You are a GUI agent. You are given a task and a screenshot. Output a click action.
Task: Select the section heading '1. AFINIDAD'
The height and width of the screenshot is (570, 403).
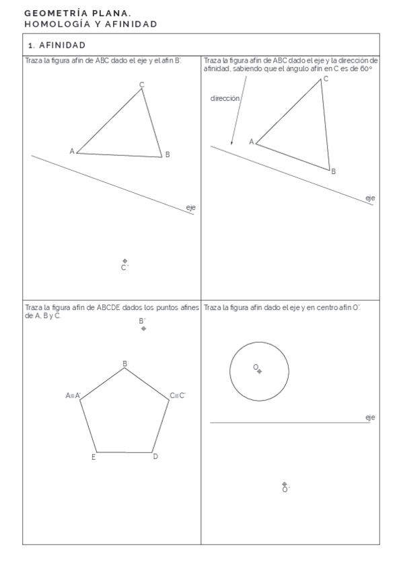pyautogui.click(x=57, y=45)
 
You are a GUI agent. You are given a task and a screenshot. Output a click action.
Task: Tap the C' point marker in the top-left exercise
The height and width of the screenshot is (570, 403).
pyautogui.click(x=124, y=261)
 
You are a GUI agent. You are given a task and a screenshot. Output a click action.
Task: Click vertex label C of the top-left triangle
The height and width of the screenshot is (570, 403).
pyautogui.click(x=141, y=84)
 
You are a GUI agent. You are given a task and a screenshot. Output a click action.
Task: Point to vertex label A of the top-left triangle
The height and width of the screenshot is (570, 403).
pyautogui.click(x=72, y=151)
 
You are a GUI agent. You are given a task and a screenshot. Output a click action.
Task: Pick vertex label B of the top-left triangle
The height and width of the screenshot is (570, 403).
pyautogui.click(x=168, y=155)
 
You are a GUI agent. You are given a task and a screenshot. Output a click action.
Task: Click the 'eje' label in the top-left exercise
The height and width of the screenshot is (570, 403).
pyautogui.click(x=190, y=208)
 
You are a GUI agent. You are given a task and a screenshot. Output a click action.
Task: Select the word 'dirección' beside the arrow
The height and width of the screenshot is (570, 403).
pyautogui.click(x=225, y=98)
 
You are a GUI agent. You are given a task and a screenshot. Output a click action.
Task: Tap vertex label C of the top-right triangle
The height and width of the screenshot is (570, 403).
pyautogui.click(x=326, y=79)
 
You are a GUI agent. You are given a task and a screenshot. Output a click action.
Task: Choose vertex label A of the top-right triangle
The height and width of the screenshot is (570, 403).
pyautogui.click(x=251, y=141)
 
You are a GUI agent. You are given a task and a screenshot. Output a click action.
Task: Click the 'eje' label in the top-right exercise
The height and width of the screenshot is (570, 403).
pyautogui.click(x=370, y=198)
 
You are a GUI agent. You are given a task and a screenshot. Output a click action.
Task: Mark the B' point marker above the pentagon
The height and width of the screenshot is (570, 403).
pyautogui.click(x=143, y=329)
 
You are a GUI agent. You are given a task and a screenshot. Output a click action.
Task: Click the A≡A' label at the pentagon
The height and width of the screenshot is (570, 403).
pyautogui.click(x=73, y=395)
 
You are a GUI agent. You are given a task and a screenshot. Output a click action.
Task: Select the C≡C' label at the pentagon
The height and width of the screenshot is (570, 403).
pyautogui.click(x=178, y=395)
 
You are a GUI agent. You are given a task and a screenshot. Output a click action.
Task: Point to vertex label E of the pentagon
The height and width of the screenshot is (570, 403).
pyautogui.click(x=93, y=458)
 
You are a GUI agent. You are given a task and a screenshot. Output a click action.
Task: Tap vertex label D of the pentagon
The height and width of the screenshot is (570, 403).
pyautogui.click(x=155, y=457)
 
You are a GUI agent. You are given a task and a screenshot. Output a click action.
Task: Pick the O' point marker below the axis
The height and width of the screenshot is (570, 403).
pyautogui.click(x=285, y=484)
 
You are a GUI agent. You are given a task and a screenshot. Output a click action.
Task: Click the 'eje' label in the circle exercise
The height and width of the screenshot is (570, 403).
pyautogui.click(x=370, y=417)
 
